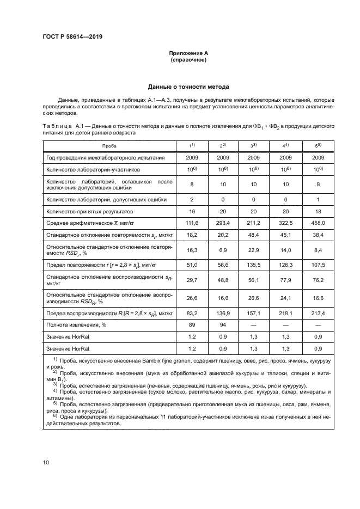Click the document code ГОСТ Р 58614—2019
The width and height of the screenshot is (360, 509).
(72, 36)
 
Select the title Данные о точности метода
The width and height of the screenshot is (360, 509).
(188, 87)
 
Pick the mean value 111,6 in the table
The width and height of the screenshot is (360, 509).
(192, 223)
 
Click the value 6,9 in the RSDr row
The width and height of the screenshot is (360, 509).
(223, 250)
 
